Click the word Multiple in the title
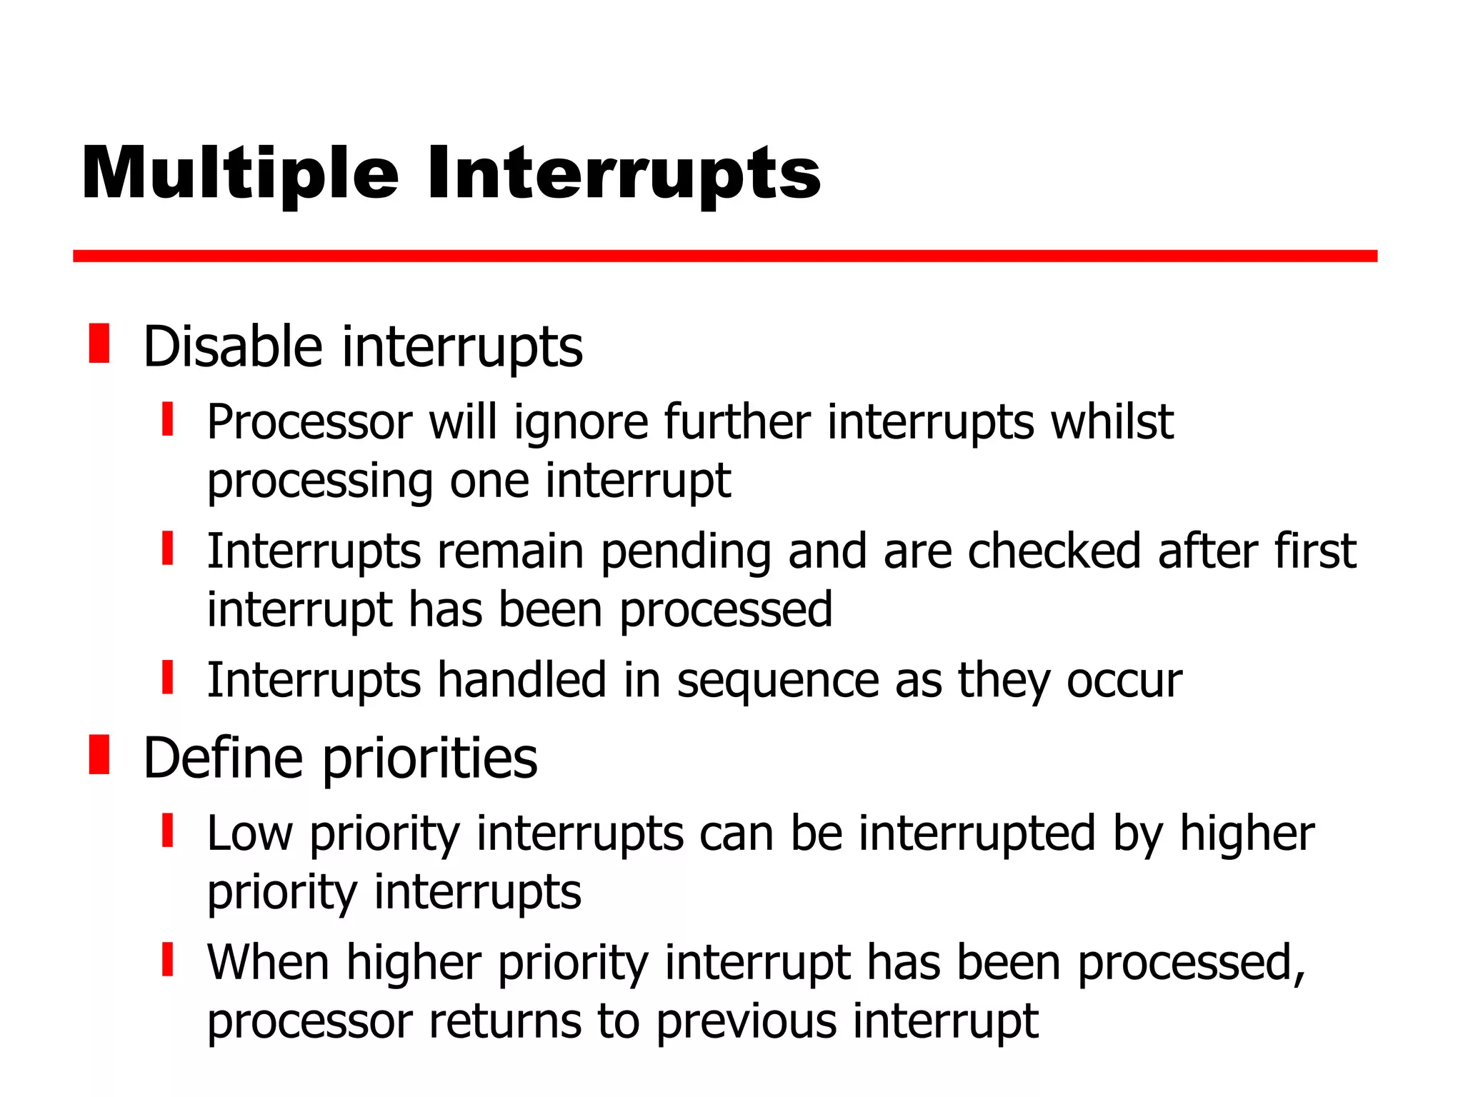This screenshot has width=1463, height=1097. pyautogui.click(x=239, y=174)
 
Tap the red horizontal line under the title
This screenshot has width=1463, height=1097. pyautogui.click(x=724, y=256)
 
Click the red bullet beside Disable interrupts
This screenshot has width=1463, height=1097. pyautogui.click(x=99, y=344)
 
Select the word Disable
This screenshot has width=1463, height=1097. pyautogui.click(x=233, y=347)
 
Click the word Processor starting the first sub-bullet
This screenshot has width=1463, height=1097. pyautogui.click(x=309, y=422)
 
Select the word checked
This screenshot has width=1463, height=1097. pyautogui.click(x=1054, y=551)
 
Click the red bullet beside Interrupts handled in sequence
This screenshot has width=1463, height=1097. pyautogui.click(x=168, y=678)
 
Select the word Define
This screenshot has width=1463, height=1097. pyautogui.click(x=223, y=758)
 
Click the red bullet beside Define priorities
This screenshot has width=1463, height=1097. pyautogui.click(x=99, y=754)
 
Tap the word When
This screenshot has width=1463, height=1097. pyautogui.click(x=269, y=963)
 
